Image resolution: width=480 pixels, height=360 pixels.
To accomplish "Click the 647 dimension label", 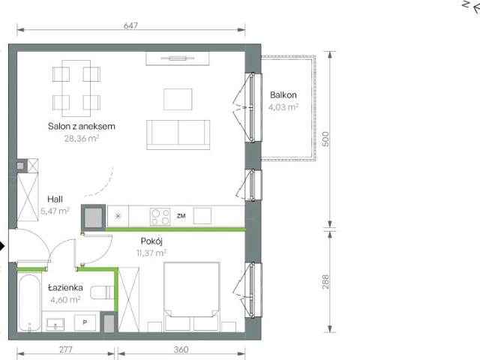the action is [130, 25].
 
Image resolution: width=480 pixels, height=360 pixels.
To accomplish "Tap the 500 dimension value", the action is [325, 139].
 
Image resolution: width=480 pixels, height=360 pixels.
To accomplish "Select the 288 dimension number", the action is [325, 282].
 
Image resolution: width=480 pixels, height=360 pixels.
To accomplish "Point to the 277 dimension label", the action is [65, 349].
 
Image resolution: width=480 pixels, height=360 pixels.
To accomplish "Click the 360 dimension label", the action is [181, 349].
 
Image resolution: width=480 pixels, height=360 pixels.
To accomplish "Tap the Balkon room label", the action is [283, 95].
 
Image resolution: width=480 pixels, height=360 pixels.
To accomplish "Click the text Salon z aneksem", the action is [82, 126].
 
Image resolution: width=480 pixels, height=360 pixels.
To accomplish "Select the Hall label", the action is [55, 199].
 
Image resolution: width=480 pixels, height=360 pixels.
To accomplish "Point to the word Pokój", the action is [151, 241].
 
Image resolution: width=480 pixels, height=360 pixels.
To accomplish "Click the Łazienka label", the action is [65, 288].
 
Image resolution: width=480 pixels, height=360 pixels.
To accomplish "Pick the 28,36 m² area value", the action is [82, 138].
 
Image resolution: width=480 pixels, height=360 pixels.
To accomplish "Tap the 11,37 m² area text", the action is [151, 253].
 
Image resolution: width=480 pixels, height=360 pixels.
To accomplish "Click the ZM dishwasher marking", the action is [181, 216].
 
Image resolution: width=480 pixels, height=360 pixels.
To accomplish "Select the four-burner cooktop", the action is [160, 217].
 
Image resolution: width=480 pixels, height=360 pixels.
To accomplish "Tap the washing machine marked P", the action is [85, 322].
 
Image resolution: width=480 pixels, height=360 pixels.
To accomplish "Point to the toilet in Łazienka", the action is [102, 292].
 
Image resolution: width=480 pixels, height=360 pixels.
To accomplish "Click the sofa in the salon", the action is [178, 135].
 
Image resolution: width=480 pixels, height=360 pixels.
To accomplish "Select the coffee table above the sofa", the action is [178, 99].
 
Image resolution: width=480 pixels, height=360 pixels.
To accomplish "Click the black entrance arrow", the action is [2, 246].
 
